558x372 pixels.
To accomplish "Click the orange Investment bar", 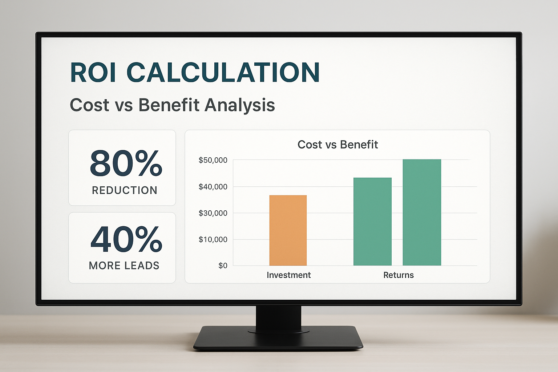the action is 288,230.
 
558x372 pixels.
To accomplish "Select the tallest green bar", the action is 422,212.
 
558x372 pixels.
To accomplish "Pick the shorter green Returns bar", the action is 372,222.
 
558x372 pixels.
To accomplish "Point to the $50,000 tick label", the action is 213,160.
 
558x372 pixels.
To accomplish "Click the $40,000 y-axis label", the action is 213,187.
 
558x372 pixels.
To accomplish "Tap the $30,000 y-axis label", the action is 213,213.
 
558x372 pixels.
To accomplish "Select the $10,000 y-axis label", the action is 213,239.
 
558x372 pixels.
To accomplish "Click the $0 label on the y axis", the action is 223,266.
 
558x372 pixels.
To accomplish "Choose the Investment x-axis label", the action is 289,275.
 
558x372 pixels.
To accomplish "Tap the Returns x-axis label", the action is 398,275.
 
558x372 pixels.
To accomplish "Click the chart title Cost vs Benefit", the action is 337,145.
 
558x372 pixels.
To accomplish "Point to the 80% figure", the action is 126,163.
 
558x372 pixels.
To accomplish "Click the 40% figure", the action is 126,239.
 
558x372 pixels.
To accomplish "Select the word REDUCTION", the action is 125,190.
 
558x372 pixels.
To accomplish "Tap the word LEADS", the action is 142,266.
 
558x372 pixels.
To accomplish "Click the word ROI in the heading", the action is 93,72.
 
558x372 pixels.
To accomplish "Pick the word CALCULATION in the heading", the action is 223,72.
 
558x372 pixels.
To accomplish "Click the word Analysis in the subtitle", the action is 240,105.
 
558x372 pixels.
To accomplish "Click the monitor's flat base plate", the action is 278,338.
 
